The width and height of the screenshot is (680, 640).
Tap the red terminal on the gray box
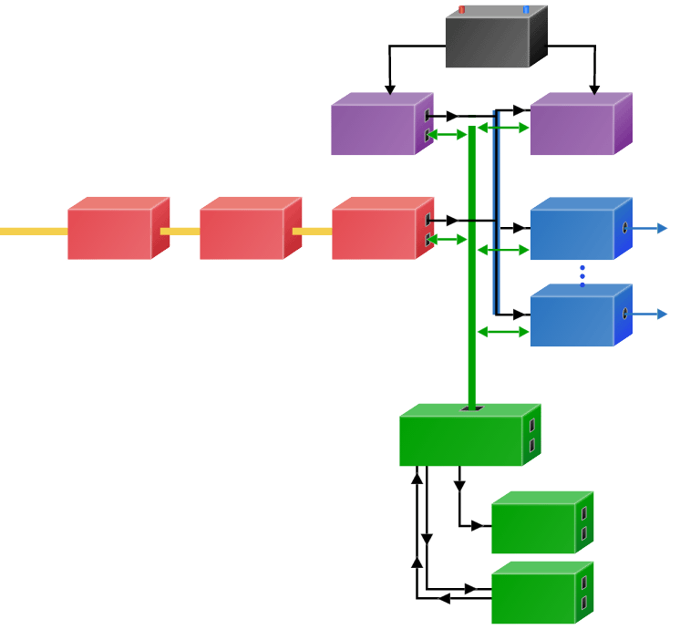coord(462,10)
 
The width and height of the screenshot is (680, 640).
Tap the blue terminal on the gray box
coord(526,10)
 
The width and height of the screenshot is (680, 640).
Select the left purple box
coord(374,129)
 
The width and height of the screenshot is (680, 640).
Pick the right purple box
coord(572,129)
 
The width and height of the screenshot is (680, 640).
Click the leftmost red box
coord(110,233)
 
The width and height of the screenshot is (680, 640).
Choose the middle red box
coord(242,233)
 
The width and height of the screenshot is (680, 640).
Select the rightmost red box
coord(375,233)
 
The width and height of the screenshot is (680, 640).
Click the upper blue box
coord(572,233)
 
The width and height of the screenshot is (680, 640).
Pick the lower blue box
coord(572,320)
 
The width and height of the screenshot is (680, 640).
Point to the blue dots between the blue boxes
coord(582,276)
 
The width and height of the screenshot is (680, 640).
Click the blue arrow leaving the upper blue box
coord(651,228)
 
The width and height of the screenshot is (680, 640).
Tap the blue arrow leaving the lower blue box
coord(651,314)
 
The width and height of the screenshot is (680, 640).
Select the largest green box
coord(461,440)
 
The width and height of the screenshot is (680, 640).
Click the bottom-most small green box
coord(534,598)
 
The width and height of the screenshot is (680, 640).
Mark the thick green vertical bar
coord(472,274)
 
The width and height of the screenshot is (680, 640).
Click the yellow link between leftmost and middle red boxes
coord(180,232)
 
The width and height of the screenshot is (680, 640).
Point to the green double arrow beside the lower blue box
coord(503,332)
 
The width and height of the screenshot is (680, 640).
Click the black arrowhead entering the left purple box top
coord(390,88)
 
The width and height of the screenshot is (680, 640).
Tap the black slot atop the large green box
coord(471,408)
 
